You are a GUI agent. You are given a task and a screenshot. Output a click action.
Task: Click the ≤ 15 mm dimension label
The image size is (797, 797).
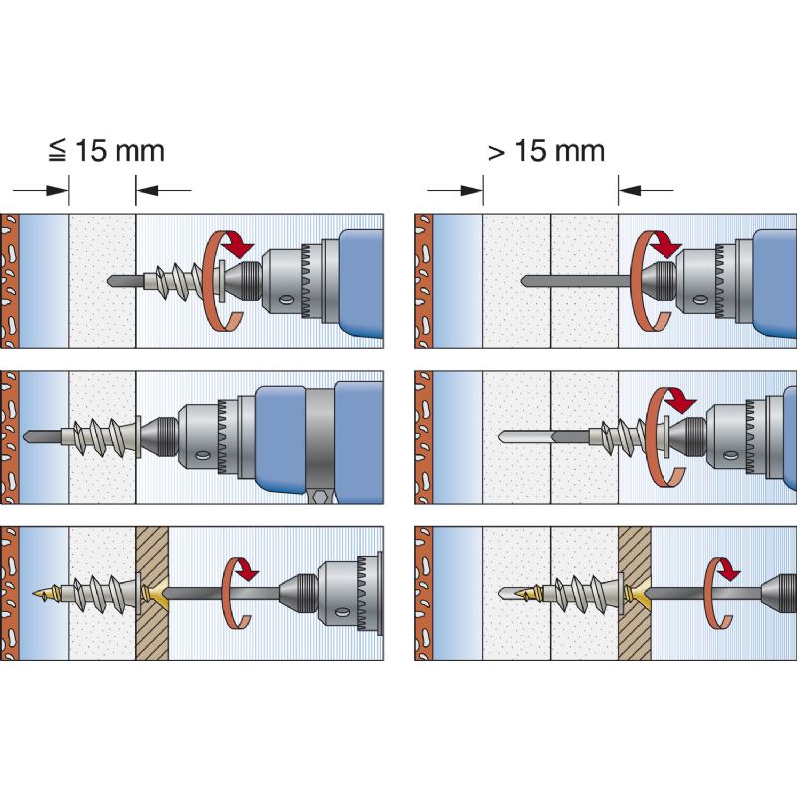107,151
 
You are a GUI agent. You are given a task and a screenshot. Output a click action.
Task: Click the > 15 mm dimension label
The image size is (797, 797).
546,151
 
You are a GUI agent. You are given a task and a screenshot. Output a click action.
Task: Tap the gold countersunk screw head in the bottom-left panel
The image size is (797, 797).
155,593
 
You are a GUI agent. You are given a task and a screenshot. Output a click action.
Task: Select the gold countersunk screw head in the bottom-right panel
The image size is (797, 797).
638,593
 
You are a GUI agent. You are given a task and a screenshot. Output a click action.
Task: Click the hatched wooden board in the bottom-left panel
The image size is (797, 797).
152,593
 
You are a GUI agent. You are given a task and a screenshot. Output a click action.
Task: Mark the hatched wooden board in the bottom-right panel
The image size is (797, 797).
635,593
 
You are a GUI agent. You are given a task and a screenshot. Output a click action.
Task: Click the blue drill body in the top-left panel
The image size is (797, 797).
360,283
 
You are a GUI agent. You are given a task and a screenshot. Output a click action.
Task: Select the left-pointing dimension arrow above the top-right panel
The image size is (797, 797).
646,190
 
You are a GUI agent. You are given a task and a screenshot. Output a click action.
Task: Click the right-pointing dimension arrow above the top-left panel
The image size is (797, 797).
41,190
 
